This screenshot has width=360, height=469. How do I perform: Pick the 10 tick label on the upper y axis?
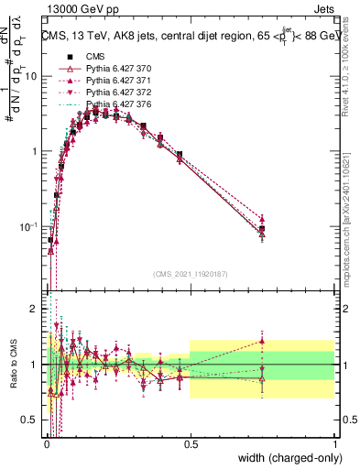coord(31,77)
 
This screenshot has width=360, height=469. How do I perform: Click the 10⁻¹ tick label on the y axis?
coord(28,226)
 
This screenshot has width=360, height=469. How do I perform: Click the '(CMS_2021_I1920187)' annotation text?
coord(191,273)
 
